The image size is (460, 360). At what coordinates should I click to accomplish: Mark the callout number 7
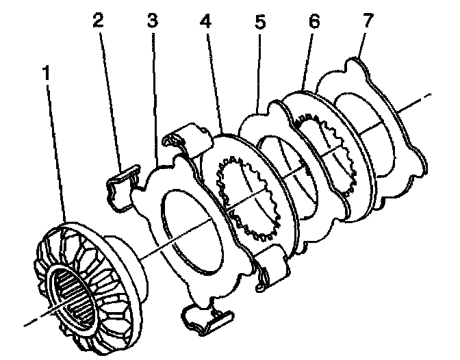coord(368,21)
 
